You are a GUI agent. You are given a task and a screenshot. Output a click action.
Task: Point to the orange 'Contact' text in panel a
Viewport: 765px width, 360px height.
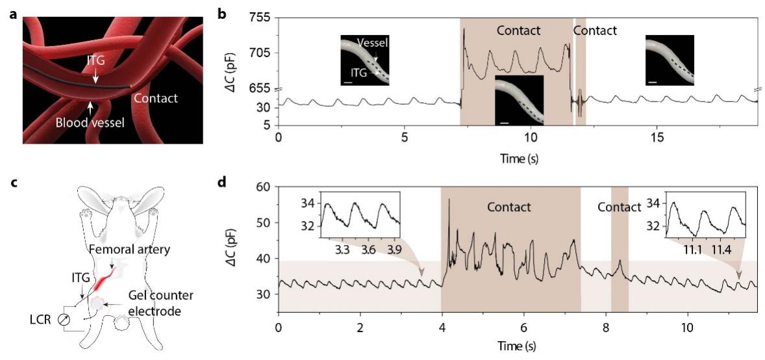[155, 98]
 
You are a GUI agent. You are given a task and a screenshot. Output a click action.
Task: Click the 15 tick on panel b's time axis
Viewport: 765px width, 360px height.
[657, 138]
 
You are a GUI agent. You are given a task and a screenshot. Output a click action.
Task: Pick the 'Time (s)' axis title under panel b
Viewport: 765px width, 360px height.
[518, 157]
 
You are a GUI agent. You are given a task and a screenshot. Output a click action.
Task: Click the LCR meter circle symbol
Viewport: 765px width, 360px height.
[62, 320]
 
